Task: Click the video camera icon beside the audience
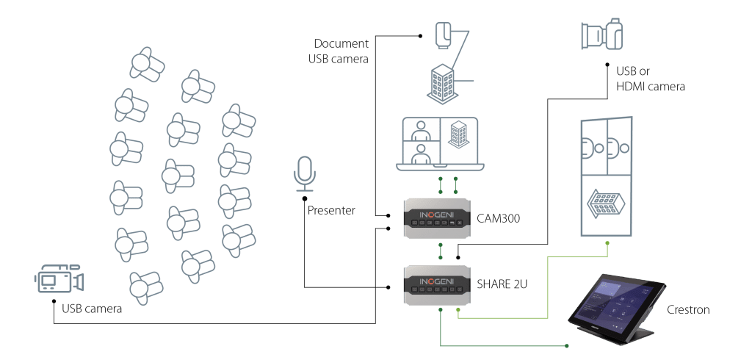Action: click(58, 281)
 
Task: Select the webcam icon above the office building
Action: click(444, 37)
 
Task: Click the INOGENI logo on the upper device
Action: click(440, 216)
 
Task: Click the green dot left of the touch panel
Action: click(568, 345)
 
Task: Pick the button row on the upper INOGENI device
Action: click(440, 228)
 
